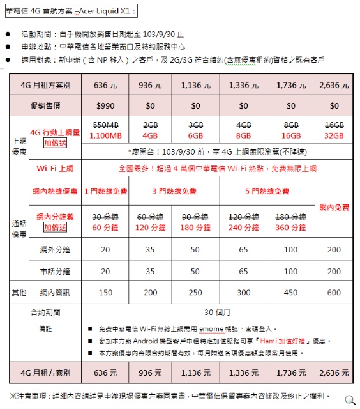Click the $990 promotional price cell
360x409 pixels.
105,105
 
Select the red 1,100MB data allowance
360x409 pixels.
105,135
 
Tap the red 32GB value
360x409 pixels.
334,135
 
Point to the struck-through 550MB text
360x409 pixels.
105,125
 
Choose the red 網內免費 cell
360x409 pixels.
334,207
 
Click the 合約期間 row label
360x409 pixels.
45,313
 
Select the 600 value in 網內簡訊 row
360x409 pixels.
334,292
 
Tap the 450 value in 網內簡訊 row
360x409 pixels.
290,292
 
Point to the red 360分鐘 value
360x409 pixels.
290,228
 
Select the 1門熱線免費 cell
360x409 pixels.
105,191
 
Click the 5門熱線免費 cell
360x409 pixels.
267,191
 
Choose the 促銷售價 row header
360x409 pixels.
45,105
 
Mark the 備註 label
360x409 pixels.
45,328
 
